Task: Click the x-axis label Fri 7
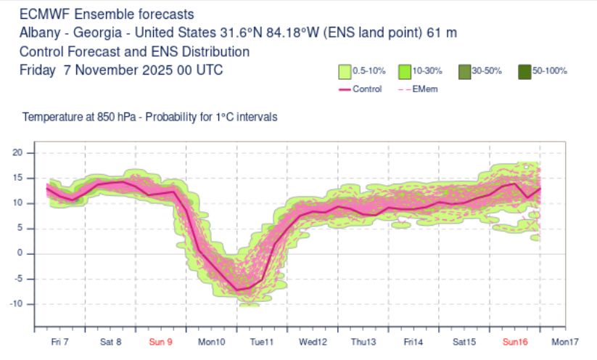click(60, 341)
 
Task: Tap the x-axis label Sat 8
click(110, 341)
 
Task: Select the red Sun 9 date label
click(160, 341)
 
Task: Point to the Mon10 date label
click(211, 341)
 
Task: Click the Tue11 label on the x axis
click(261, 341)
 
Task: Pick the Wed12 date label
click(312, 341)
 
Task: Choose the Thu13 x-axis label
click(363, 341)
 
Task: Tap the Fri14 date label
click(413, 341)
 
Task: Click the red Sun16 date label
click(515, 341)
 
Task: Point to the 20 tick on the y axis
click(19, 152)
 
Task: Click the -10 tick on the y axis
click(17, 303)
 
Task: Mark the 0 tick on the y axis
click(21, 253)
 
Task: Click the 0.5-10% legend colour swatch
click(344, 71)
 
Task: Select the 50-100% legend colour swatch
click(525, 71)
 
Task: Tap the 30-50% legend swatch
click(465, 71)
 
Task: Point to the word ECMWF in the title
click(41, 14)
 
